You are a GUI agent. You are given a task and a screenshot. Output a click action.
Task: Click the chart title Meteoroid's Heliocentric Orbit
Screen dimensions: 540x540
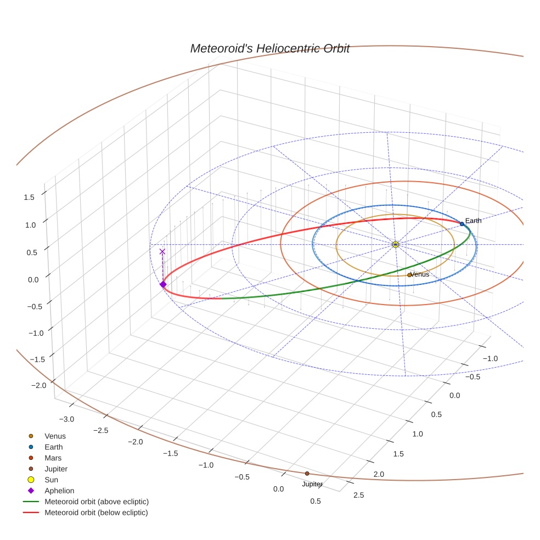click(x=269, y=48)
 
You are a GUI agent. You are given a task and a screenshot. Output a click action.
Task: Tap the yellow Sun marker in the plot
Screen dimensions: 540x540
click(x=395, y=244)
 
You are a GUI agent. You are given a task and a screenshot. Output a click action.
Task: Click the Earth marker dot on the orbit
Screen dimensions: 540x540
click(x=462, y=224)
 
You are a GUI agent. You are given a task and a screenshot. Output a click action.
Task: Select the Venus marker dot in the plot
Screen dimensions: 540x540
click(x=409, y=274)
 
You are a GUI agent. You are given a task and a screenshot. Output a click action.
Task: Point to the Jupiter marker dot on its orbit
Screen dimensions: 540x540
click(x=307, y=473)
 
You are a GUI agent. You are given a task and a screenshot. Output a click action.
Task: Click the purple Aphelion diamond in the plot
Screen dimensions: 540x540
click(x=162, y=284)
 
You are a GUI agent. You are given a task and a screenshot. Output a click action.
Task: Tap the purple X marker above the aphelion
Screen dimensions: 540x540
click(x=162, y=251)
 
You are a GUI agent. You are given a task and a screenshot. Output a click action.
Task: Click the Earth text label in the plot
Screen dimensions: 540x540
click(x=473, y=221)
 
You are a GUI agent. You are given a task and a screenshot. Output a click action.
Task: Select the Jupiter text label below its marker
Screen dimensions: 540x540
click(x=312, y=484)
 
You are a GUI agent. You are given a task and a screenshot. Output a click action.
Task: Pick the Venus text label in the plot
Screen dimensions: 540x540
click(x=420, y=274)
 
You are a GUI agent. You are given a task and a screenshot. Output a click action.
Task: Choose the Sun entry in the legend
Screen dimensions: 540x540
click(x=52, y=480)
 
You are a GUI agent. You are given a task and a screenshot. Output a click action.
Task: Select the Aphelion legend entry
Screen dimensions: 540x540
click(x=59, y=491)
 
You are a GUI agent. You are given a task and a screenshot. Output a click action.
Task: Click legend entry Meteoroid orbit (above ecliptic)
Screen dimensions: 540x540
click(x=96, y=502)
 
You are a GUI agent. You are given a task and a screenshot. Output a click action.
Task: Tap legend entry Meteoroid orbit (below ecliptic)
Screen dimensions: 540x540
click(x=96, y=513)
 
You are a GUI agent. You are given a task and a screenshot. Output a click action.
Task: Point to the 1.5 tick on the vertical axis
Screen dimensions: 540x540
click(x=29, y=197)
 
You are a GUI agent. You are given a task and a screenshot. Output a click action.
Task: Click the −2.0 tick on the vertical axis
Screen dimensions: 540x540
click(x=38, y=385)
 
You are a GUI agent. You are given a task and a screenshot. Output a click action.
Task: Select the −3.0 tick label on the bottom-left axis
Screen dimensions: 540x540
click(x=67, y=419)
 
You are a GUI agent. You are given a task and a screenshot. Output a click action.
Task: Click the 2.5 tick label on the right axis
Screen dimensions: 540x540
click(x=358, y=496)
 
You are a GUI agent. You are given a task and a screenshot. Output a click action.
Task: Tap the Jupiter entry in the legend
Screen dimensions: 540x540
click(x=55, y=469)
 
